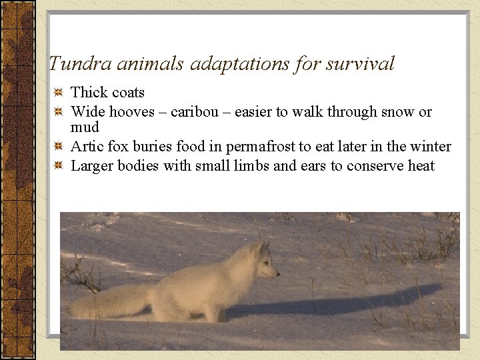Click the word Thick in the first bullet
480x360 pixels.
(x=88, y=92)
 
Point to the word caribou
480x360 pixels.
(x=193, y=111)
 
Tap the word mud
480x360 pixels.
(x=85, y=127)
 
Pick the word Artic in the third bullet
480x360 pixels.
(x=85, y=146)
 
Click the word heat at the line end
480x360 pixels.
(x=421, y=165)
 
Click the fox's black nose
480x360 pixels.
(x=277, y=273)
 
